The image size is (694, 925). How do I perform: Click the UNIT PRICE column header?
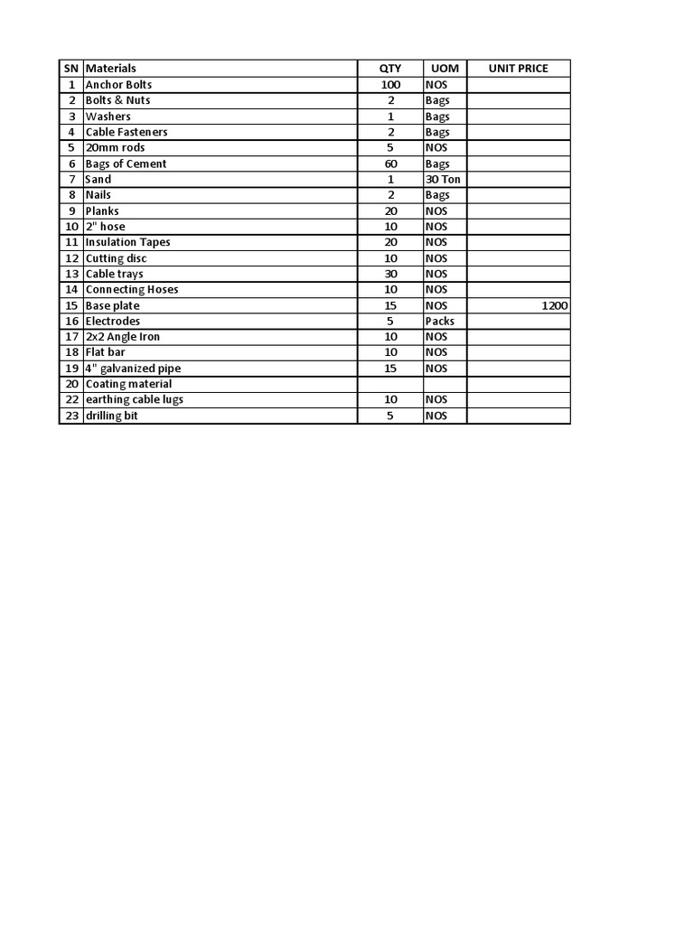click(x=518, y=69)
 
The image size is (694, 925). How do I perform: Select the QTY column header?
click(x=390, y=69)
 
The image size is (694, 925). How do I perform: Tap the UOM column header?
click(x=445, y=69)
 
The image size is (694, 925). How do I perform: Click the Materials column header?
click(x=111, y=69)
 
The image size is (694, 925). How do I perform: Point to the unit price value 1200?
click(x=555, y=305)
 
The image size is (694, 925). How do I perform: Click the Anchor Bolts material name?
click(x=118, y=84)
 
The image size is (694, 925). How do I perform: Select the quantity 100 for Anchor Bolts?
click(x=390, y=84)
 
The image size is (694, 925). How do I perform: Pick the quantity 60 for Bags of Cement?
click(x=390, y=164)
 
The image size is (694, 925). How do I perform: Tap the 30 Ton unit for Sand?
click(x=443, y=179)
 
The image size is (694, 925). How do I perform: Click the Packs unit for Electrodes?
click(x=440, y=321)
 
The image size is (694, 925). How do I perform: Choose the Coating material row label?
click(x=128, y=384)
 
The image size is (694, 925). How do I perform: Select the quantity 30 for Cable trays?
click(x=390, y=274)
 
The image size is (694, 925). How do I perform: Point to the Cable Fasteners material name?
click(x=127, y=132)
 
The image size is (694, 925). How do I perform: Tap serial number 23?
click(x=71, y=416)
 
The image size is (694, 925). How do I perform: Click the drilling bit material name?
click(x=111, y=416)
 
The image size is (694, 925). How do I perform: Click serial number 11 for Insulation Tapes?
click(x=71, y=242)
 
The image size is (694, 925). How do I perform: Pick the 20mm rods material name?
click(x=115, y=147)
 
